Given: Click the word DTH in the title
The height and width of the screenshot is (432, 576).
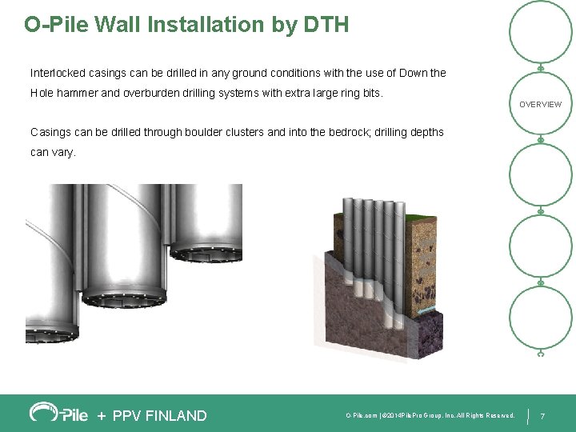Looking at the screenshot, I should pos(326,25).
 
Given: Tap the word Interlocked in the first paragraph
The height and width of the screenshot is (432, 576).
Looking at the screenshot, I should pos(56,73).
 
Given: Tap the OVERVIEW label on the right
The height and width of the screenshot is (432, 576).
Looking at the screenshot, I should pos(540,105).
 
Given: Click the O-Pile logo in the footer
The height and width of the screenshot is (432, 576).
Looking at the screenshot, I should pos(58,413).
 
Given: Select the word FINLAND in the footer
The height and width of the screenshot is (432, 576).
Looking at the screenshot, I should pos(178,415).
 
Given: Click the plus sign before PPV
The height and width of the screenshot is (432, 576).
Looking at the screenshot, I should pos(101,415).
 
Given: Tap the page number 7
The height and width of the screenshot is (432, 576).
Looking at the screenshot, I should pos(543,416).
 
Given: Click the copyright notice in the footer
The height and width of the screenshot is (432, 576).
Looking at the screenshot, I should pos(430,416).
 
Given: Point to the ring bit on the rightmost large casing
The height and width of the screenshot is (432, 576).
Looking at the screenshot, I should pos(206,254).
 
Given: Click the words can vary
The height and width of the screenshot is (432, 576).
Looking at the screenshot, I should pos(53,152).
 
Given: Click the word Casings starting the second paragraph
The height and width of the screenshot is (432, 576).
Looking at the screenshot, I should pos(49,132).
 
